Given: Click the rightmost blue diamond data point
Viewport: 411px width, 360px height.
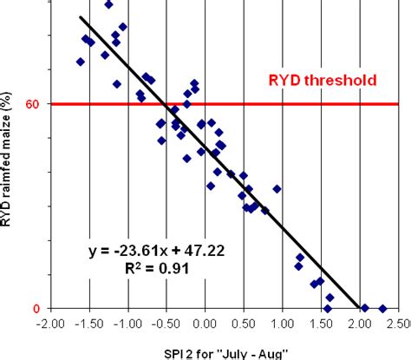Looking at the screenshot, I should pos(382,308).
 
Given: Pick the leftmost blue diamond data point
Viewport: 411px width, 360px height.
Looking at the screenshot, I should pos(81,62).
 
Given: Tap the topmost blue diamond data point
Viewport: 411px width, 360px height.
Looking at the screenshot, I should pos(108,4).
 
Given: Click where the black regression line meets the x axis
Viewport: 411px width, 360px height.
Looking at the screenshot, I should pos(359,308).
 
